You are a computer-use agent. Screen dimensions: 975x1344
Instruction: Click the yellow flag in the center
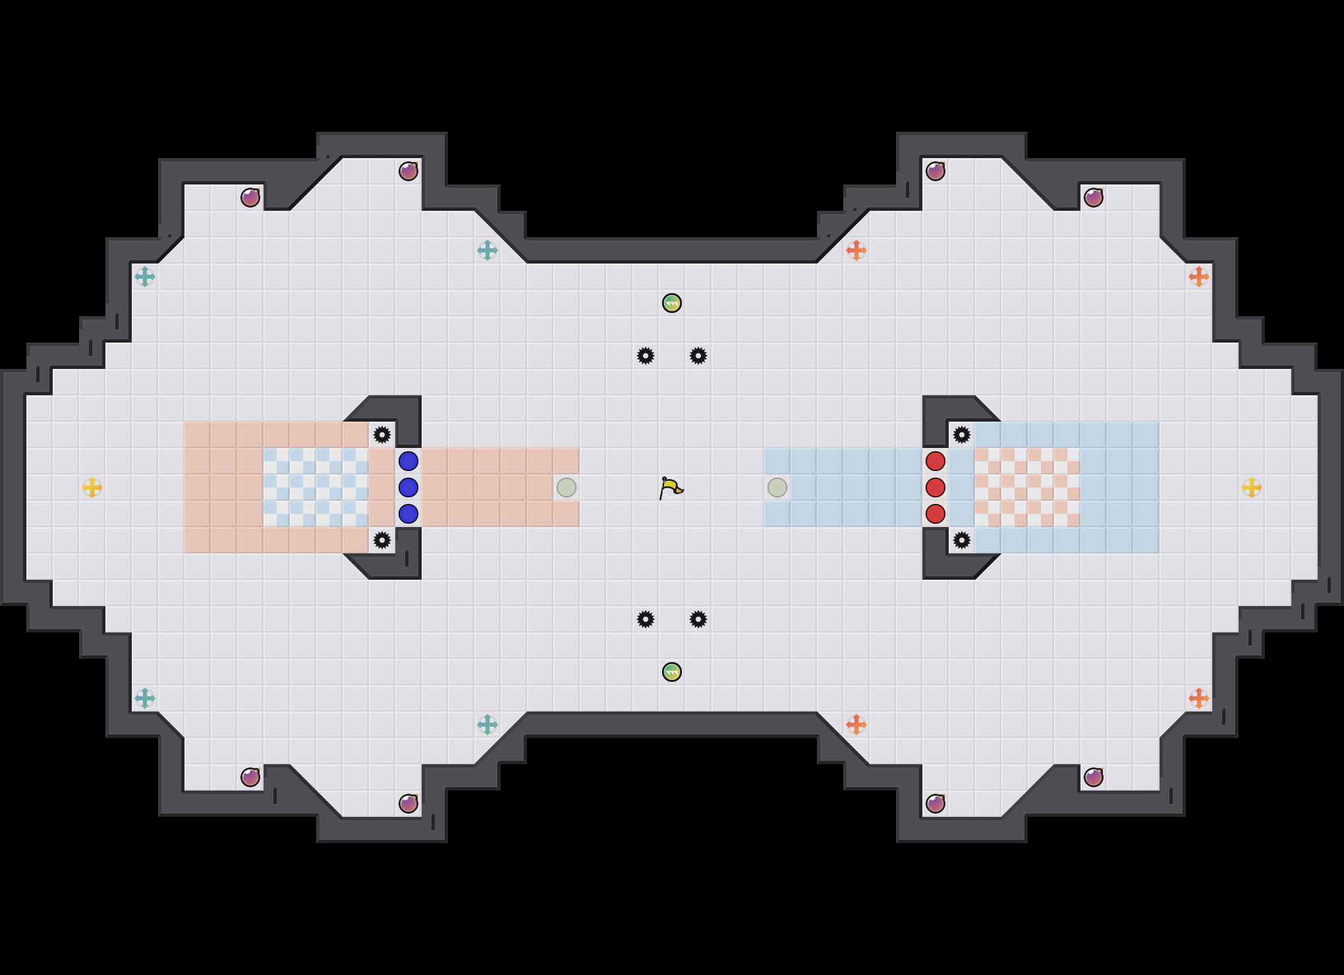point(671,487)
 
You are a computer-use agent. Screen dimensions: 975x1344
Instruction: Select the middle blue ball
point(408,487)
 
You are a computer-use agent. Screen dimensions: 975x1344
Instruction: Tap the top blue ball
point(408,461)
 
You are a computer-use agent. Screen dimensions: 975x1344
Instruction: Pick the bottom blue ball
point(408,514)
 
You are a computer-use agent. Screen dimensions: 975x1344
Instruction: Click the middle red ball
point(936,487)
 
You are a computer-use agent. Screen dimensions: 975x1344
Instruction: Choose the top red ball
point(936,461)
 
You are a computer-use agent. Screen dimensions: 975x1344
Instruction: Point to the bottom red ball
point(936,514)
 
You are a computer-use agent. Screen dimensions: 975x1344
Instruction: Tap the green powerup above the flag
point(672,303)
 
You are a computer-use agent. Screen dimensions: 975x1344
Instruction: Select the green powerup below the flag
point(672,672)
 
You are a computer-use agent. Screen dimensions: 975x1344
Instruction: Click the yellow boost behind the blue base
point(92,487)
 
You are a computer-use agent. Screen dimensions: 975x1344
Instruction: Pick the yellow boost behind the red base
point(1252,487)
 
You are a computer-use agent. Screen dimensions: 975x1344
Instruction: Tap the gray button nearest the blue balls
point(567,487)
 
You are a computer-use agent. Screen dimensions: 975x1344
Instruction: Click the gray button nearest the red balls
point(777,487)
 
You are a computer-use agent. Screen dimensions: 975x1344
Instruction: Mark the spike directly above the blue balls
point(382,435)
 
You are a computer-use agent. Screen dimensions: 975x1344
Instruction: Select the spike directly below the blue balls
point(382,540)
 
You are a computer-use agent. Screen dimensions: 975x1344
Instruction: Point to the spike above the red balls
point(962,435)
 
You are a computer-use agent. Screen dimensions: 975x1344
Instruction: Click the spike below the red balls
point(962,540)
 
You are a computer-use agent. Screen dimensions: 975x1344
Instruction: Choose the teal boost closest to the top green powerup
point(488,250)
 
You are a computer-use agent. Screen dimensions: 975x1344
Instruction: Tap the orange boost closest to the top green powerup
point(856,250)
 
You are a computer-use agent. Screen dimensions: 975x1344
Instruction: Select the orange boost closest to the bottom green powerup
point(856,725)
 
